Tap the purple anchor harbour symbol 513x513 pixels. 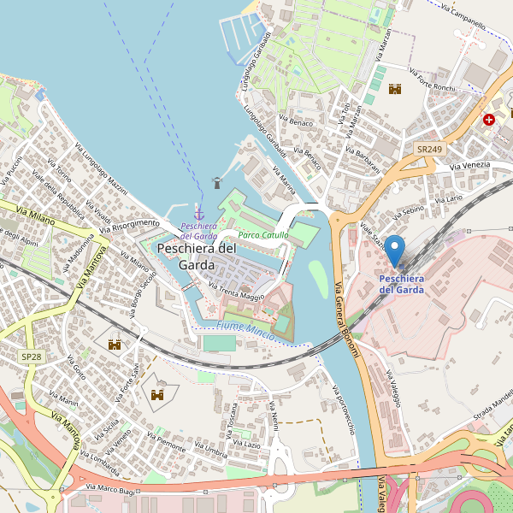click(199, 213)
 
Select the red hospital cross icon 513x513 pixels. click(489, 121)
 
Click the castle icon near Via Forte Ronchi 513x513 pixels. click(395, 89)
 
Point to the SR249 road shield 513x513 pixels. click(429, 150)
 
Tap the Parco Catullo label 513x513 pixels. click(262, 235)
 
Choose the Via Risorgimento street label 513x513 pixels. click(129, 226)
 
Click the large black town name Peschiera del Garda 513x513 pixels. click(197, 256)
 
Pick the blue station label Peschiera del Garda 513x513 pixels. click(401, 284)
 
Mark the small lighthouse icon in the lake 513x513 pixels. click(216, 182)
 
